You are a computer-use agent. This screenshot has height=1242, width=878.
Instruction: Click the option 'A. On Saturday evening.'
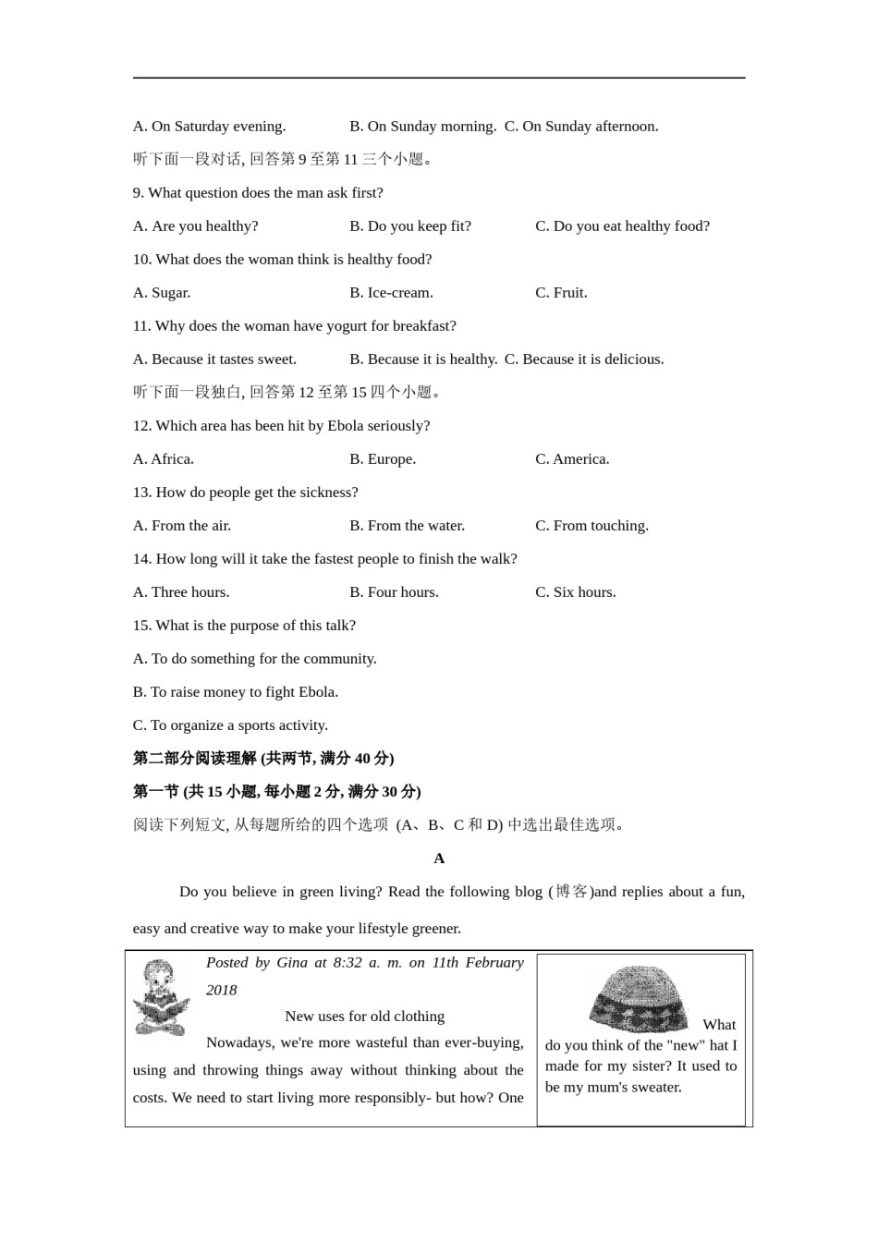click(x=209, y=127)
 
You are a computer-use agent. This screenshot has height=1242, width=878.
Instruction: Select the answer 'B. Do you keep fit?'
click(x=409, y=226)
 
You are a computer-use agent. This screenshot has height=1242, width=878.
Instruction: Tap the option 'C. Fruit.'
click(x=561, y=293)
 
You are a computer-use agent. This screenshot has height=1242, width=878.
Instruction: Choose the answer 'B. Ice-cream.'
click(x=391, y=293)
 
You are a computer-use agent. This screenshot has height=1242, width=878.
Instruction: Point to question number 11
click(x=141, y=326)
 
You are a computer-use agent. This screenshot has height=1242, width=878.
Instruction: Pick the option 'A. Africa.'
click(x=164, y=459)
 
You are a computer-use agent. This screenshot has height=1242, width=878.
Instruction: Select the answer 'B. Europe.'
click(x=383, y=459)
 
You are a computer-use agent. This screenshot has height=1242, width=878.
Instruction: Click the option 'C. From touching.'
click(x=591, y=526)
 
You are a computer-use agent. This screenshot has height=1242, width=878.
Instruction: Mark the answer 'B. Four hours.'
click(x=394, y=592)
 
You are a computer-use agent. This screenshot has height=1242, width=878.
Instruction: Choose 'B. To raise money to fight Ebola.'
click(x=236, y=692)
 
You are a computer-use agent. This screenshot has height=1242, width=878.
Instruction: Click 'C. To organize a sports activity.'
click(x=230, y=725)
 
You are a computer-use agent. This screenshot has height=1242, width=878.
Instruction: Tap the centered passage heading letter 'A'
click(x=439, y=858)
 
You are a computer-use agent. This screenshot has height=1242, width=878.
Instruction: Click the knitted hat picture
click(x=639, y=998)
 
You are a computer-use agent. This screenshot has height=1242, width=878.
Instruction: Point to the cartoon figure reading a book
click(x=162, y=998)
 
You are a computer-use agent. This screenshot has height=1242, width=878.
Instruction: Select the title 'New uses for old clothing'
click(x=364, y=1017)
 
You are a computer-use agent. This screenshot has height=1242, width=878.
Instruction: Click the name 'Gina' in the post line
click(x=292, y=963)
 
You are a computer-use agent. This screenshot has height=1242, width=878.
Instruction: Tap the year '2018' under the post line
click(x=222, y=991)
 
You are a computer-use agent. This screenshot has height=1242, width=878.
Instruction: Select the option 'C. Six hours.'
click(x=575, y=592)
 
